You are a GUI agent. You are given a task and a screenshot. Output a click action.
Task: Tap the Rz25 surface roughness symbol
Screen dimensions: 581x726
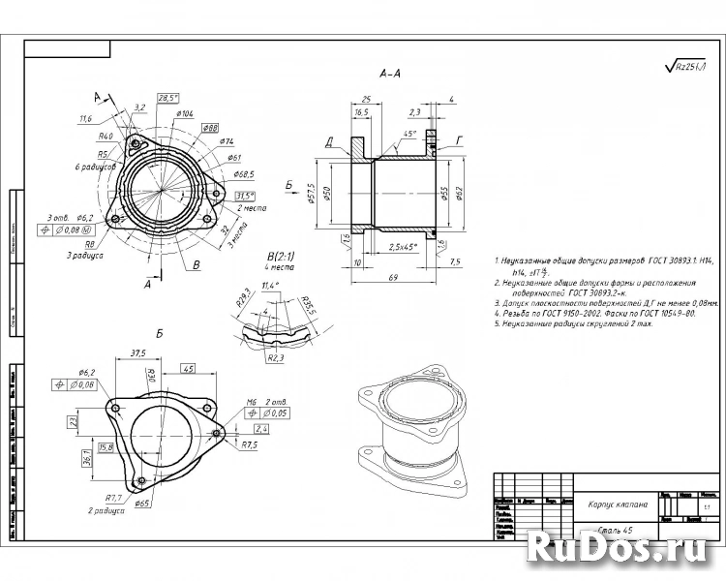tap(686, 66)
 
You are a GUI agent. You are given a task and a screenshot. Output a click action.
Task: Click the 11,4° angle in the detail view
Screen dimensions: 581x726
tap(270, 286)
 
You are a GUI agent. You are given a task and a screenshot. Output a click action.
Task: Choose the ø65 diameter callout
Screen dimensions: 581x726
tap(142, 504)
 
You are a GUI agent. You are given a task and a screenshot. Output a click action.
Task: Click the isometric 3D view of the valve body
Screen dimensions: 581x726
tap(407, 426)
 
